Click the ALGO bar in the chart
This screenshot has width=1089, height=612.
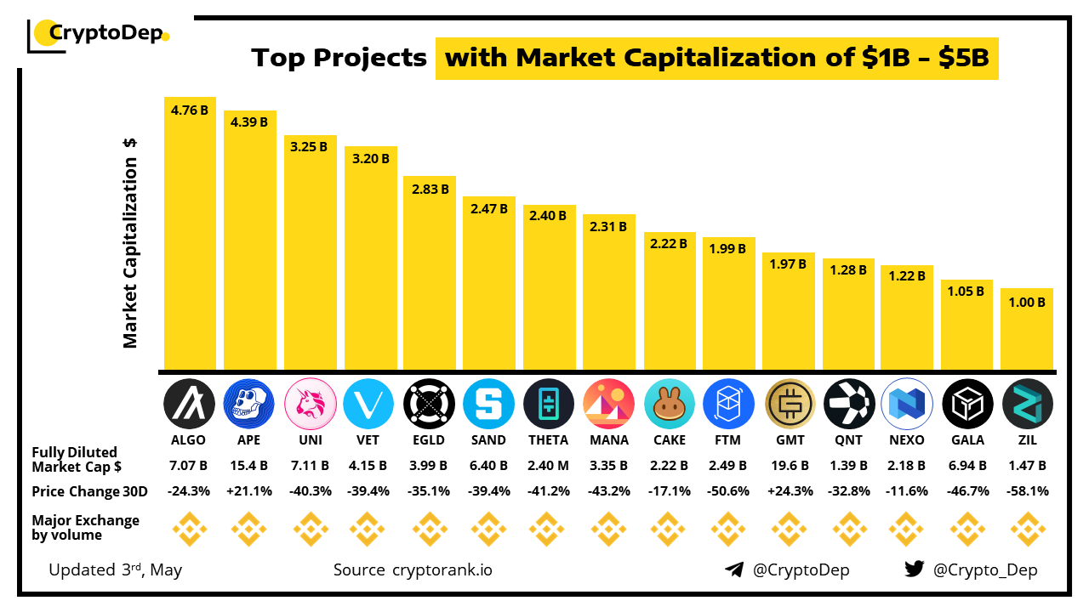pyautogui.click(x=190, y=238)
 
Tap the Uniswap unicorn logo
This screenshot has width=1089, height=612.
pyautogui.click(x=310, y=403)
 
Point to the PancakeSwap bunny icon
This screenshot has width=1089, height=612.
pyautogui.click(x=669, y=403)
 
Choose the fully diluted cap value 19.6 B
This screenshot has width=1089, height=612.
pyautogui.click(x=789, y=466)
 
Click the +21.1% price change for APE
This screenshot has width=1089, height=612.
pyautogui.click(x=249, y=491)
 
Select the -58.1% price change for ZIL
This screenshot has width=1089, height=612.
pyautogui.click(x=1027, y=491)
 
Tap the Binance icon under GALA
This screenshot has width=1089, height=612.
pyautogui.click(x=967, y=529)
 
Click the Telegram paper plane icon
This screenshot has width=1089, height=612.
pyautogui.click(x=734, y=569)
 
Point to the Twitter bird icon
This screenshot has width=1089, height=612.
pyautogui.click(x=915, y=569)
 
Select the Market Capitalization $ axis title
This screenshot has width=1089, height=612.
pyautogui.click(x=130, y=242)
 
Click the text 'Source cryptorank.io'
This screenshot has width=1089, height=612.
pyautogui.click(x=413, y=569)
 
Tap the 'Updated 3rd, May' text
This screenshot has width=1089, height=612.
pyautogui.click(x=115, y=569)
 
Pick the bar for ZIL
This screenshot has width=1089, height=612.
pyautogui.click(x=1027, y=331)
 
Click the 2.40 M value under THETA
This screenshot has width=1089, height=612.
pyautogui.click(x=549, y=466)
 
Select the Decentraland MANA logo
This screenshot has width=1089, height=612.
pyautogui.click(x=609, y=403)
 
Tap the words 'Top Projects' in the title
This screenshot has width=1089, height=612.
pyautogui.click(x=339, y=58)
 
